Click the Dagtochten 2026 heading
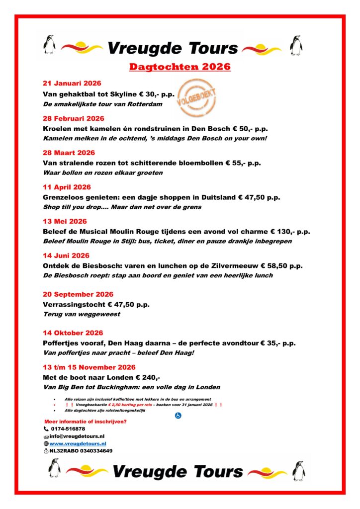tap(180, 67)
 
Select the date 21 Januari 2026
tap(72, 84)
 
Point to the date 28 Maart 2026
tap(69, 153)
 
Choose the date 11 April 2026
tap(67, 187)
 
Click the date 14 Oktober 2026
tap(73, 333)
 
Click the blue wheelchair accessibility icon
tap(178, 416)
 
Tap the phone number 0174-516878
tap(68, 428)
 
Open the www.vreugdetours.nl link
tap(78, 443)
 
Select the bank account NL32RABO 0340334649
tap(81, 451)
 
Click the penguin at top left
tap(49, 45)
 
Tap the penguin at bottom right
tap(299, 470)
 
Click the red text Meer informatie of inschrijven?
tap(86, 422)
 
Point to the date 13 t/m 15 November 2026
tap(89, 367)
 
